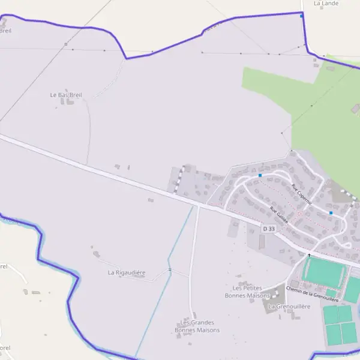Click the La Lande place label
click(x=326, y=4)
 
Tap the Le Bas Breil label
click(x=66, y=95)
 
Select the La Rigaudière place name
click(x=127, y=272)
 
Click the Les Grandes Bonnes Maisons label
click(x=197, y=326)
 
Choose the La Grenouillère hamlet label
click(x=289, y=306)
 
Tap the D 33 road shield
click(x=269, y=229)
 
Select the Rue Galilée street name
click(x=279, y=215)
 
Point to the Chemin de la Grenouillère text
click(x=313, y=294)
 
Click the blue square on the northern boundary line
click(x=301, y=16)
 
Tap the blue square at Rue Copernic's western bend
click(x=260, y=175)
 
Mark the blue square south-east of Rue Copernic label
click(x=331, y=212)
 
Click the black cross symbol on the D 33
click(x=310, y=254)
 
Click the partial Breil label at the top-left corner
click(x=5, y=30)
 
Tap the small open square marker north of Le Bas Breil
click(x=65, y=44)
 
